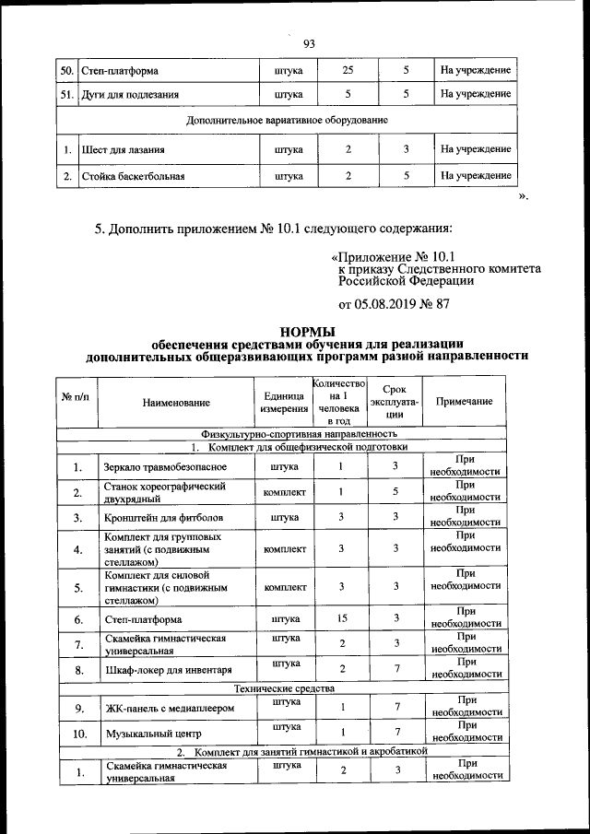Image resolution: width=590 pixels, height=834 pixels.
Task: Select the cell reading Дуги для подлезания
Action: pos(130,94)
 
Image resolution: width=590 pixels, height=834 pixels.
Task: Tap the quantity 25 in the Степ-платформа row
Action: pos(348,70)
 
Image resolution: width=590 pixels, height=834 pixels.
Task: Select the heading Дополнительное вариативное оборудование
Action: pos(287,121)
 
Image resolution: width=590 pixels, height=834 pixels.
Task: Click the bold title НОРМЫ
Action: pos(307,332)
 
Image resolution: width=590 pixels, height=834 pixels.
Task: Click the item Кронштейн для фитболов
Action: pos(162,518)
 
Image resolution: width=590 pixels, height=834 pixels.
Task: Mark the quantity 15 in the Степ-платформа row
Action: pos(340,618)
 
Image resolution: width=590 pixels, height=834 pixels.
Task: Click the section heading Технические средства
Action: pos(283,688)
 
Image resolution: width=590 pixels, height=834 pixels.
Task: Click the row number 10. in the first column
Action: pos(78,734)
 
